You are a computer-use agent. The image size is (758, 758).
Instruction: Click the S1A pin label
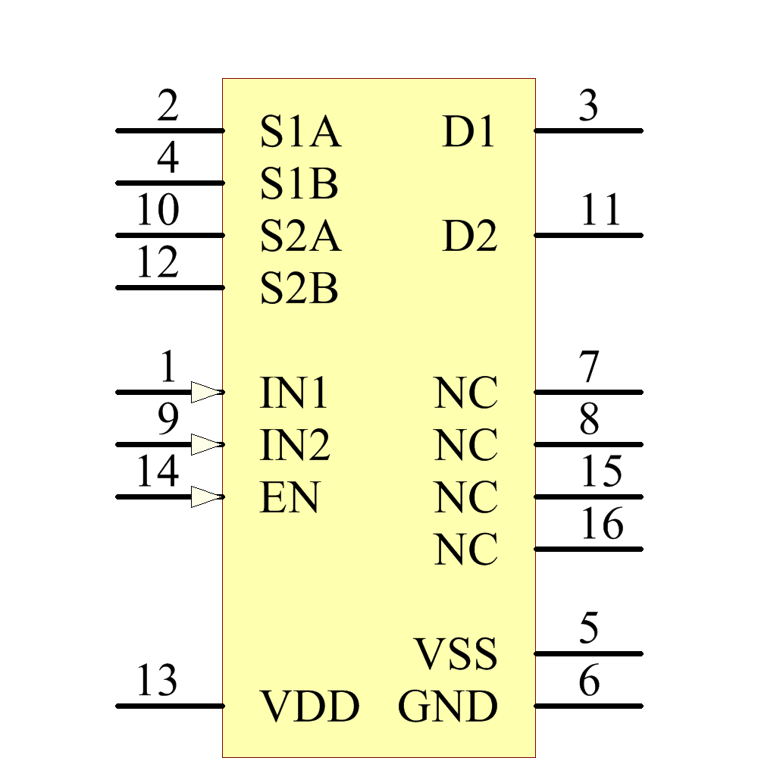click(300, 132)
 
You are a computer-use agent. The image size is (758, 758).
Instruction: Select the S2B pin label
click(299, 289)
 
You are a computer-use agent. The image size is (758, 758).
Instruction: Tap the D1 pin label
click(468, 132)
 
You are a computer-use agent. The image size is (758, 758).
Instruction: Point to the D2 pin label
click(469, 236)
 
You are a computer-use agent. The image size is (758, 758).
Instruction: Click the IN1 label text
click(295, 393)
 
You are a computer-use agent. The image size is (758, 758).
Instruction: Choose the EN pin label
click(290, 498)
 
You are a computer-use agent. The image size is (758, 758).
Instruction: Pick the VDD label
click(309, 707)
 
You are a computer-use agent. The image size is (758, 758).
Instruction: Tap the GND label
click(448, 707)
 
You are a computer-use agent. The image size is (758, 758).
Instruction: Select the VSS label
click(456, 654)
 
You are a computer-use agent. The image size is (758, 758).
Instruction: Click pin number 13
click(157, 681)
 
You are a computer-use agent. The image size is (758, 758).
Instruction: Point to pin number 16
click(602, 524)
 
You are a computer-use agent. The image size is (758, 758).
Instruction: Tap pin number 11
click(600, 210)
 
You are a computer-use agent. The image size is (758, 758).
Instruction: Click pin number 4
click(168, 158)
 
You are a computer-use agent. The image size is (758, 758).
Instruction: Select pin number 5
click(589, 628)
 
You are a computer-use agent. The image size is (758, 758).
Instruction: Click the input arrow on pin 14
click(206, 497)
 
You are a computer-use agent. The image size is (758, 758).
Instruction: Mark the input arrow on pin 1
click(206, 392)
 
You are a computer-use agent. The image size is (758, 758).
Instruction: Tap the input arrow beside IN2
click(206, 444)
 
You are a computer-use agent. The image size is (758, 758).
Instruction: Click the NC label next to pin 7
click(466, 393)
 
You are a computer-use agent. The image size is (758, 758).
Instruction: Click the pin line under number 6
click(588, 706)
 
